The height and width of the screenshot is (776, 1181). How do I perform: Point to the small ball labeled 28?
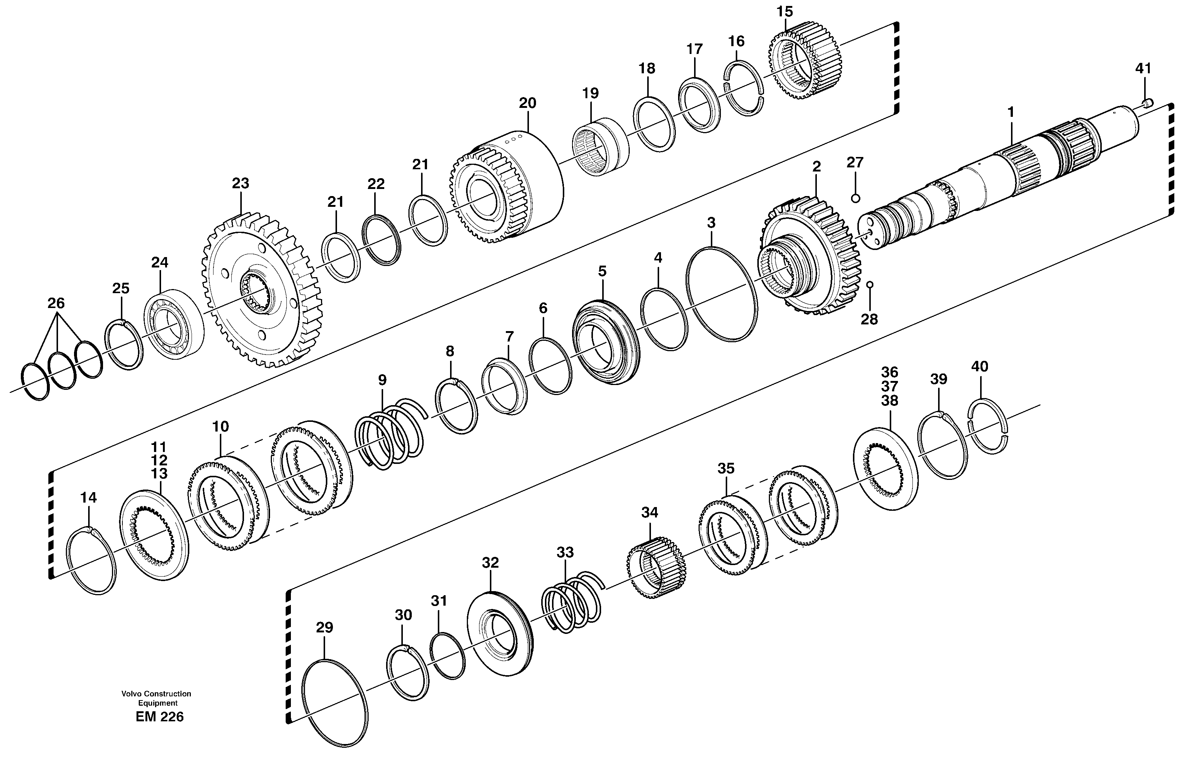pyautogui.click(x=869, y=284)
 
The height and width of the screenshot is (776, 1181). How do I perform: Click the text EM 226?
pyautogui.click(x=159, y=717)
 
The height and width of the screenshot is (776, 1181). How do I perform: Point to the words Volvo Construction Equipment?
pyautogui.click(x=156, y=698)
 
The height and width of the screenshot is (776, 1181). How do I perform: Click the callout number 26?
pyautogui.click(x=56, y=303)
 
